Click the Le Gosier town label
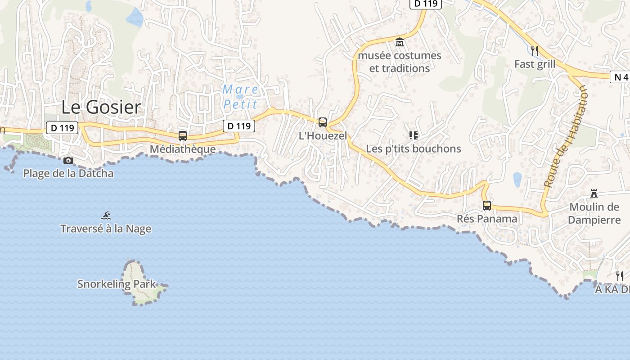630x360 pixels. click(101, 108)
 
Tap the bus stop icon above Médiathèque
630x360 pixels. click(182, 135)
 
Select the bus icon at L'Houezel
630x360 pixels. click(322, 122)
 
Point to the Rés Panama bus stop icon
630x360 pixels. click(486, 205)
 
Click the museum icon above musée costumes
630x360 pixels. click(399, 42)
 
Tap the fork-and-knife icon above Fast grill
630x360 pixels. click(534, 50)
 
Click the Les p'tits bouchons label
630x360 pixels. click(413, 148)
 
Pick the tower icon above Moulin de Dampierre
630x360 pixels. click(594, 193)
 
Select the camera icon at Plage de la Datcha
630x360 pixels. click(68, 160)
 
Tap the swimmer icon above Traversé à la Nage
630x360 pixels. click(106, 216)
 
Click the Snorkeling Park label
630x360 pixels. click(116, 284)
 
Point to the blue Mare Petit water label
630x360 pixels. click(241, 97)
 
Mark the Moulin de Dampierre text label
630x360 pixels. click(594, 213)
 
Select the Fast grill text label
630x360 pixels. click(535, 64)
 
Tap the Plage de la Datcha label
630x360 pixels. click(68, 173)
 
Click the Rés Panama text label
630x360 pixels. click(487, 219)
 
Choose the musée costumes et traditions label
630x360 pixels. click(400, 62)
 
